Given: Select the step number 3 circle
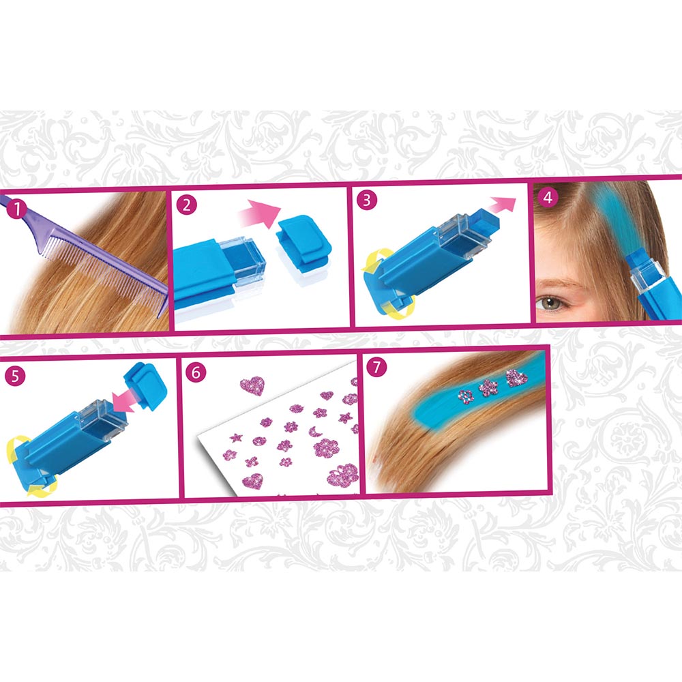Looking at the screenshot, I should (x=367, y=200).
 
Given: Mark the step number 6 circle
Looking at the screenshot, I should (x=196, y=373).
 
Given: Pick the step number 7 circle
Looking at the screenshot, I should (x=376, y=368).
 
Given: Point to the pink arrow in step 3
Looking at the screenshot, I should (x=502, y=202).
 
